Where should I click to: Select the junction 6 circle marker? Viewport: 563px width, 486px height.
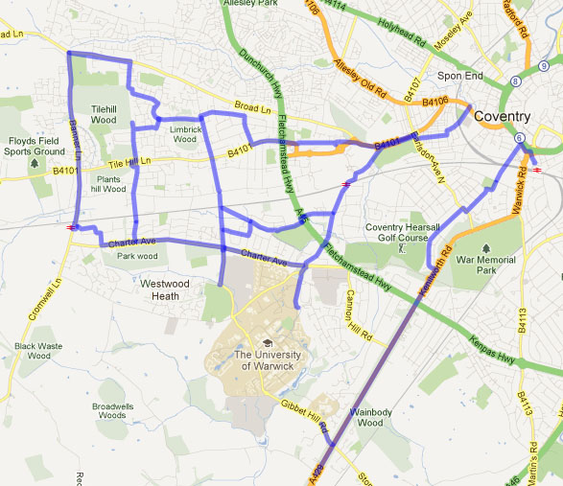[x=519, y=138]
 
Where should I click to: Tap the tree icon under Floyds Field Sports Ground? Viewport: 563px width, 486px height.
[x=35, y=162]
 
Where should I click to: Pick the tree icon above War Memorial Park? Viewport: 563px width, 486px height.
[x=496, y=220]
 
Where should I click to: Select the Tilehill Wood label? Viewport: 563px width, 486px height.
[x=104, y=115]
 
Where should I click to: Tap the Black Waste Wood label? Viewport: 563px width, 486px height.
[x=38, y=350]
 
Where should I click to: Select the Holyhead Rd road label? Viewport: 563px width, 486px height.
[x=402, y=36]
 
